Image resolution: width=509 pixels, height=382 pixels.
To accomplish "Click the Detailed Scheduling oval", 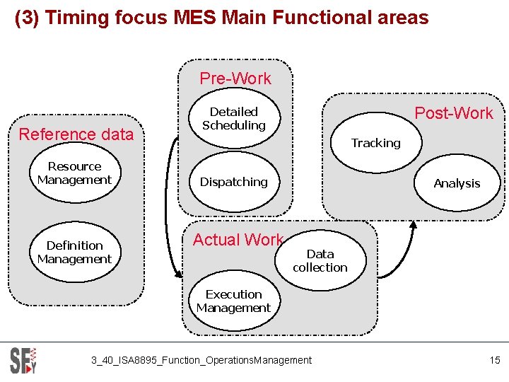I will (x=233, y=119).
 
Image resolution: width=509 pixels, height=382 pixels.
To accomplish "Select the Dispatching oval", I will (x=233, y=182).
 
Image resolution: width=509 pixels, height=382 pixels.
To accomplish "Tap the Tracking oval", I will (x=375, y=144).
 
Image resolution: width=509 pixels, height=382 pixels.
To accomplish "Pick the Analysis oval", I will (x=457, y=183).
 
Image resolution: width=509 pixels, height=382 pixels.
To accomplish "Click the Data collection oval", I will (x=320, y=260).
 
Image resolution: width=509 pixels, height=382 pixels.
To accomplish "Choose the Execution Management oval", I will (x=233, y=301).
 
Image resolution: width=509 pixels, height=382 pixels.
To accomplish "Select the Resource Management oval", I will (x=74, y=173).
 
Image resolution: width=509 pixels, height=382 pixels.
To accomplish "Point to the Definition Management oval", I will (x=74, y=253).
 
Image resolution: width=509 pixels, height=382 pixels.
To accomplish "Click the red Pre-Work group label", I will (x=235, y=79).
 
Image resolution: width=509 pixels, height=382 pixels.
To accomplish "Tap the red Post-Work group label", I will (x=454, y=113).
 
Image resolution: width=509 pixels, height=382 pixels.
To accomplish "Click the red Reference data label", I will (x=76, y=134).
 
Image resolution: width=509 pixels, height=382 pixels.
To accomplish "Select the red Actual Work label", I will (x=238, y=240).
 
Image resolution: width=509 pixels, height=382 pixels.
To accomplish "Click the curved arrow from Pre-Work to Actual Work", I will (x=167, y=205).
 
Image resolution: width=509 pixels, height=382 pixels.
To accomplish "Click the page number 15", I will (x=494, y=360).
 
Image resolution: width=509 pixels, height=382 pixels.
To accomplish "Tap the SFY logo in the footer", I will (x=23, y=359).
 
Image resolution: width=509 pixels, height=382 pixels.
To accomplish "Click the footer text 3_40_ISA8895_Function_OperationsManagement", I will (x=201, y=360).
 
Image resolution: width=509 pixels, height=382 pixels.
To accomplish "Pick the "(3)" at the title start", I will (x=27, y=17).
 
